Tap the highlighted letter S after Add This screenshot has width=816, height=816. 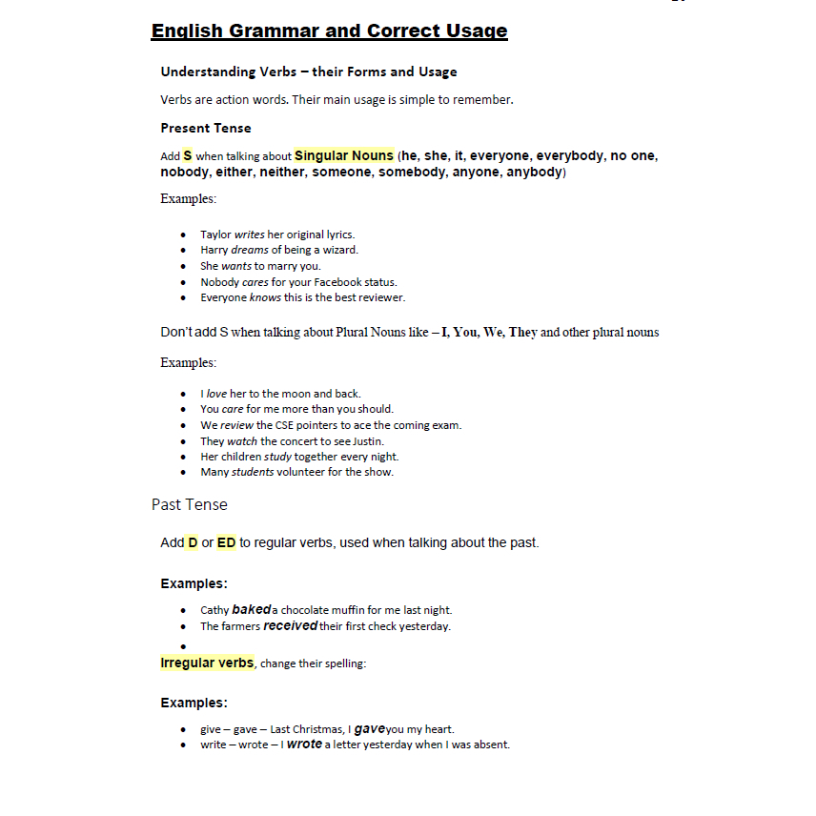point(188,155)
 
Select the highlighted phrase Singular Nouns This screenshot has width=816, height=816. point(343,155)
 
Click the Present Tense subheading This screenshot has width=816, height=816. point(206,128)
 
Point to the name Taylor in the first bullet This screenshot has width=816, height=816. point(215,235)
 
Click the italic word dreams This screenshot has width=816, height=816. point(250,251)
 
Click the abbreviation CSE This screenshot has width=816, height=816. point(288,425)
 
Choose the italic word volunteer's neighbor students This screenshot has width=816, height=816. point(253,472)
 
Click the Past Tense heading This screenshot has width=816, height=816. point(190,504)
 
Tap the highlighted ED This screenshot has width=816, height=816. point(226,542)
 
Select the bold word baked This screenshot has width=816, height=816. point(252,609)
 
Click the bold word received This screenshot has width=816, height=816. point(290,626)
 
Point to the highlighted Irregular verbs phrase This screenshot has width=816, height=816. point(207,663)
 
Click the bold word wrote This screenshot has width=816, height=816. point(304,745)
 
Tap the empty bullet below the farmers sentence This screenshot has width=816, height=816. point(183,645)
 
